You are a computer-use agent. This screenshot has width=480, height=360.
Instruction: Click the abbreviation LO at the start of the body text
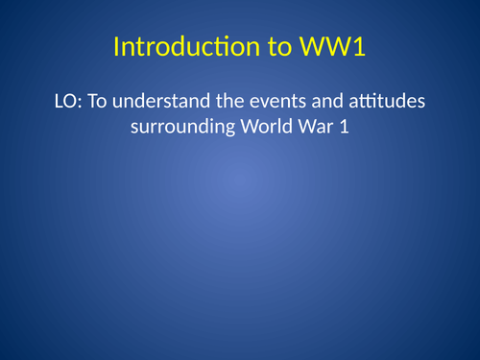70,101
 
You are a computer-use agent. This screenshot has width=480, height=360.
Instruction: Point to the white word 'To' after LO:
99,101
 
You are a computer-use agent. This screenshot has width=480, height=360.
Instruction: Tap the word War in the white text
304,126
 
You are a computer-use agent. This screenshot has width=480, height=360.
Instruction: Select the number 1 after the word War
334,126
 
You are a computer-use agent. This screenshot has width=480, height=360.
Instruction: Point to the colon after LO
84,103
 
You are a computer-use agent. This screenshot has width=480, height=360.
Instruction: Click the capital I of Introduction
117,47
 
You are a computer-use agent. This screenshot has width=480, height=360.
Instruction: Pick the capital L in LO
62,101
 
